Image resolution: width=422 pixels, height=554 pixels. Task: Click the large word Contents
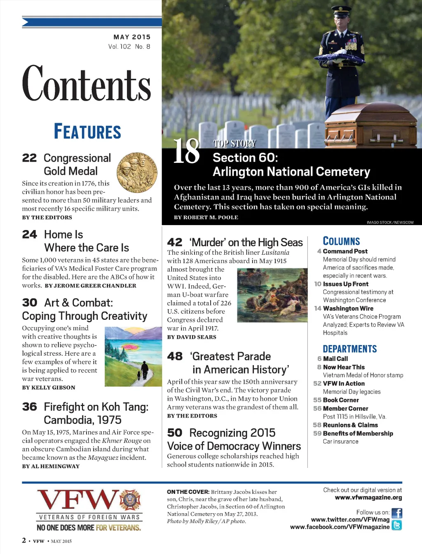pyautogui.click(x=87, y=84)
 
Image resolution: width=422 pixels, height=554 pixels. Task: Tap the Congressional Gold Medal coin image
pyautogui.click(x=137, y=172)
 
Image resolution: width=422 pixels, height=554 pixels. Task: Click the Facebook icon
pyautogui.click(x=396, y=513)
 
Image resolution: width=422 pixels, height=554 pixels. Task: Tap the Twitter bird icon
pyautogui.click(x=396, y=525)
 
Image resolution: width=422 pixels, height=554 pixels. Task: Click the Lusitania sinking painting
pyautogui.click(x=272, y=295)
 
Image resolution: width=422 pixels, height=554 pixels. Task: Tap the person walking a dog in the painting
pyautogui.click(x=143, y=370)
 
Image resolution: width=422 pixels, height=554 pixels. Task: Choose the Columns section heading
pyautogui.click(x=341, y=241)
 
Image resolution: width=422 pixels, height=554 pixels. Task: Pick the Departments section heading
pyautogui.click(x=349, y=349)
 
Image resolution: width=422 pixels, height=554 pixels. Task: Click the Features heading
pyautogui.click(x=87, y=131)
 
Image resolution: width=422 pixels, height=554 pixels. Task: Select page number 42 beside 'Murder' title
pyautogui.click(x=175, y=242)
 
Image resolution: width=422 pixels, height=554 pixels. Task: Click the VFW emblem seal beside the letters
pyautogui.click(x=130, y=500)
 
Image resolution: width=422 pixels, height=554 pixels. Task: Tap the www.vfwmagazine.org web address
pyautogui.click(x=368, y=498)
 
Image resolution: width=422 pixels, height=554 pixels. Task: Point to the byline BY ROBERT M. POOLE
pyautogui.click(x=206, y=217)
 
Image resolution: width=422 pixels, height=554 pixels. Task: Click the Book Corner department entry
pyautogui.click(x=340, y=400)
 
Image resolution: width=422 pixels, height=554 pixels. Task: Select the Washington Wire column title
pyautogui.click(x=348, y=308)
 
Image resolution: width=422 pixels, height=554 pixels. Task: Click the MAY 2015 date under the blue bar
pyautogui.click(x=132, y=37)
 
